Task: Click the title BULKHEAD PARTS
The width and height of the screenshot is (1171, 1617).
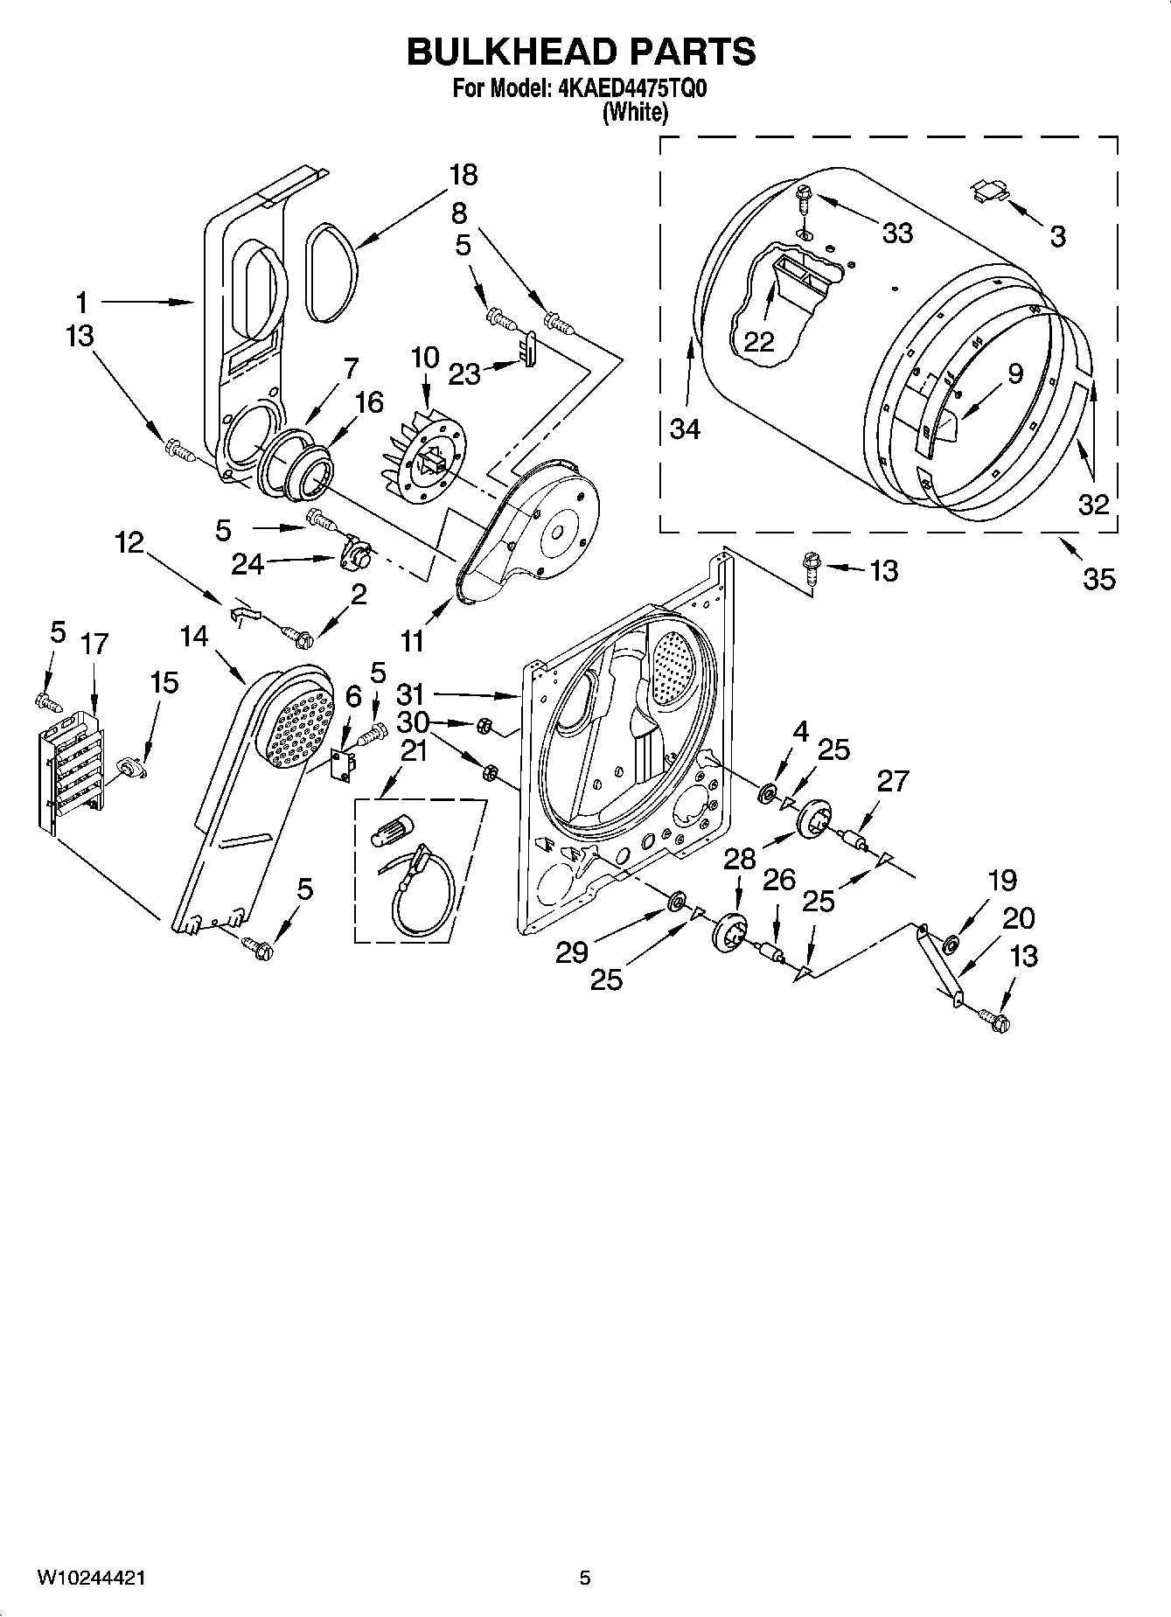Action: (x=581, y=52)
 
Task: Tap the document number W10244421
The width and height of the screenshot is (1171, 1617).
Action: (x=90, y=1578)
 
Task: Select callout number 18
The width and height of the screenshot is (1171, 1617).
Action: (x=463, y=175)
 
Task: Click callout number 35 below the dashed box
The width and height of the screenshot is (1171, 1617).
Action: (x=1098, y=578)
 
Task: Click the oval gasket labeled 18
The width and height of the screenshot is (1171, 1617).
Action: (x=331, y=271)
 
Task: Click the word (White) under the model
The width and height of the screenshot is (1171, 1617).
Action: (x=635, y=112)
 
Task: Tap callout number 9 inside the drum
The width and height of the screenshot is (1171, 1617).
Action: (x=1014, y=374)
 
